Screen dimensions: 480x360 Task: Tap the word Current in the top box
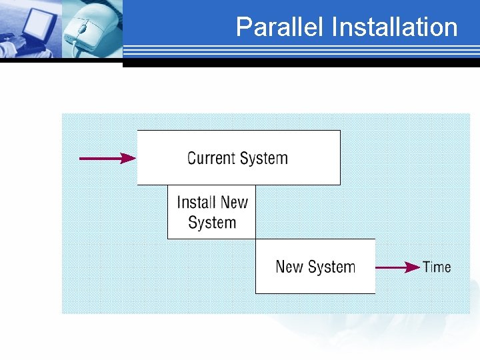209,158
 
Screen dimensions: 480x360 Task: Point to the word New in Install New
233,202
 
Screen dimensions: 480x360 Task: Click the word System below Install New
212,223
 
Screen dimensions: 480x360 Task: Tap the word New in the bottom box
289,267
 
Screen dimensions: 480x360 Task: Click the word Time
437,267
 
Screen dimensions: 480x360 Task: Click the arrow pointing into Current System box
107,158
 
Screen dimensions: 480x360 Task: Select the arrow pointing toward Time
397,267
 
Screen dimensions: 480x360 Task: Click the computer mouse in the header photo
87,30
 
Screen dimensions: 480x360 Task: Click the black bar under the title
300,63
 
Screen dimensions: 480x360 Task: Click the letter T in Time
427,267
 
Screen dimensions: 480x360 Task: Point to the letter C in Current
192,158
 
